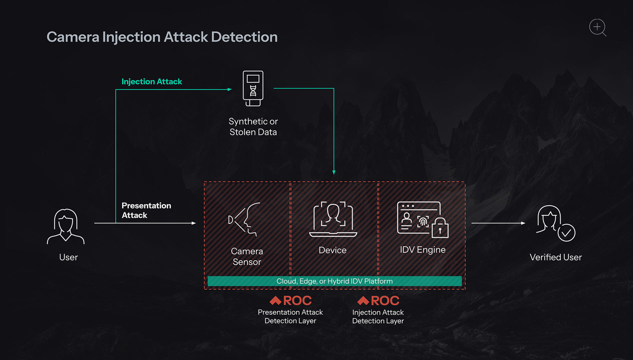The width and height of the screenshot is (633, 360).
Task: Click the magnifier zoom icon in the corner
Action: [x=597, y=27]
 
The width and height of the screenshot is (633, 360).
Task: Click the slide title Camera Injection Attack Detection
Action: [x=162, y=37]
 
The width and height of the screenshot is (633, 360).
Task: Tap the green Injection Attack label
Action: [x=152, y=82]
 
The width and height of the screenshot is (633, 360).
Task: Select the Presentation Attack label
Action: [x=146, y=210]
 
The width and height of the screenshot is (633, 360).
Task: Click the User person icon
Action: [x=66, y=226]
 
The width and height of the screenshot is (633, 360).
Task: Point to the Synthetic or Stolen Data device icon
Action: [x=253, y=88]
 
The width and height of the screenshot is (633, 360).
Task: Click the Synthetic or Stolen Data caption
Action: [x=253, y=127]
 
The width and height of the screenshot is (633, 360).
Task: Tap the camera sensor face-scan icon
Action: [x=244, y=219]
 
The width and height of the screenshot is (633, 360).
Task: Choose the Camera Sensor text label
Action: [x=247, y=256]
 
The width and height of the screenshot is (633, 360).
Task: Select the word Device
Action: [x=333, y=250]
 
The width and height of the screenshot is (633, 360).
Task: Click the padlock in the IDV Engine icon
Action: [x=440, y=228]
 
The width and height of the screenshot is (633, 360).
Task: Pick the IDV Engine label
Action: [x=423, y=250]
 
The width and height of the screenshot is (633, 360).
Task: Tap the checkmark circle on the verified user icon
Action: [x=566, y=233]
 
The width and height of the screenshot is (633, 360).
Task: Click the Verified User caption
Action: [x=556, y=257]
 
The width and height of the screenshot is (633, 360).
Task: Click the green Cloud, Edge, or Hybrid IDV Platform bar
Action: [x=335, y=281]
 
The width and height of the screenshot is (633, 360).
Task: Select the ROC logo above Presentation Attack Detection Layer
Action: [x=290, y=301]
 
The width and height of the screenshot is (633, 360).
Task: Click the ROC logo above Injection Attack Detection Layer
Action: [x=378, y=301]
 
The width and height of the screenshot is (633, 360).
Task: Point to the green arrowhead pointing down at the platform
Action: [x=334, y=172]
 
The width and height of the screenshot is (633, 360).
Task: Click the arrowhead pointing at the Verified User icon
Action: [x=523, y=223]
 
